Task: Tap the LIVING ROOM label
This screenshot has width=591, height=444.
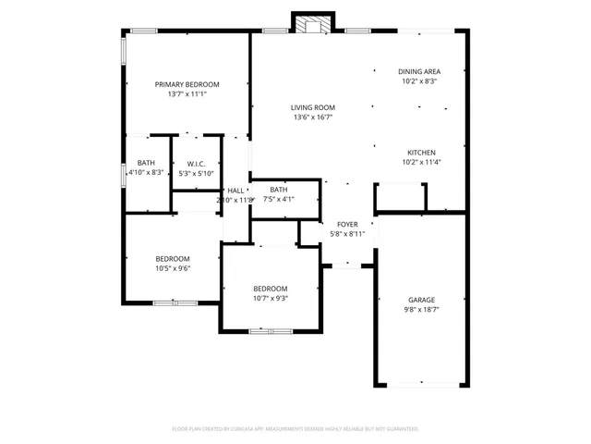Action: tap(312, 107)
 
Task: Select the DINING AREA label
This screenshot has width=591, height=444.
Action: tap(418, 71)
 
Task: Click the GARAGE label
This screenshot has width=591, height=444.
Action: tap(421, 300)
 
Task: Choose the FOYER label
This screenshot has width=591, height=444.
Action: tap(347, 224)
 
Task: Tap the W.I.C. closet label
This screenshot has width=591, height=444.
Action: tap(195, 164)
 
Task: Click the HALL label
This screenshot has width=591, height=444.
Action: tap(235, 190)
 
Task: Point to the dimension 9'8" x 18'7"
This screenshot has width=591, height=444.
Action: tap(421, 310)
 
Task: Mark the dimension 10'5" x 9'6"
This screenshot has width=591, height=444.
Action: tap(173, 268)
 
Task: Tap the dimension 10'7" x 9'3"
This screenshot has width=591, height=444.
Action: tap(271, 298)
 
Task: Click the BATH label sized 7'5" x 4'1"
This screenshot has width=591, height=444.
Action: tap(279, 189)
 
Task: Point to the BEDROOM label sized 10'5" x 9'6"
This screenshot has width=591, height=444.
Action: tap(173, 258)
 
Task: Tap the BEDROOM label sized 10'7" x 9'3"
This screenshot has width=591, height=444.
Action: tap(271, 288)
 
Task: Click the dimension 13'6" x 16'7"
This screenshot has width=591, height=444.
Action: tap(312, 117)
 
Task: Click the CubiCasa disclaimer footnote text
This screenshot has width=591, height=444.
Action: tap(295, 428)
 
